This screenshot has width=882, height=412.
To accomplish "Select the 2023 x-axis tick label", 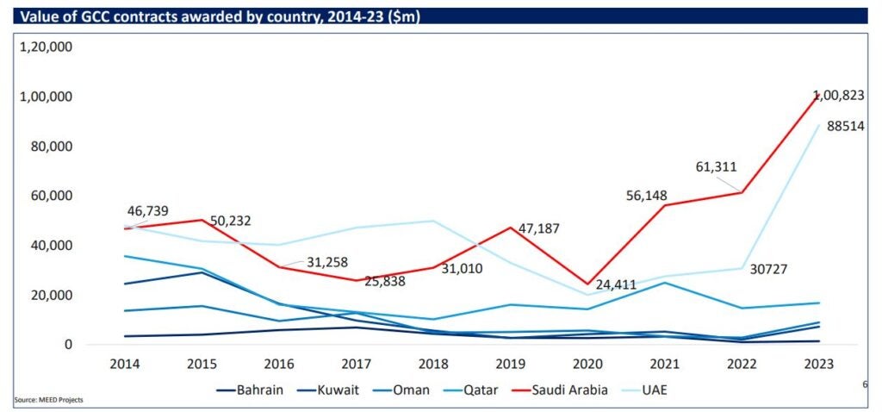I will coord(817,364).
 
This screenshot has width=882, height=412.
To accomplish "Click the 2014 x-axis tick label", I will coord(127,364).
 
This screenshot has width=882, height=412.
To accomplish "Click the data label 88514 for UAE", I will coord(846,127).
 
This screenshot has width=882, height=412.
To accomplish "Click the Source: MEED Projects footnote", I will coord(48,400).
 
